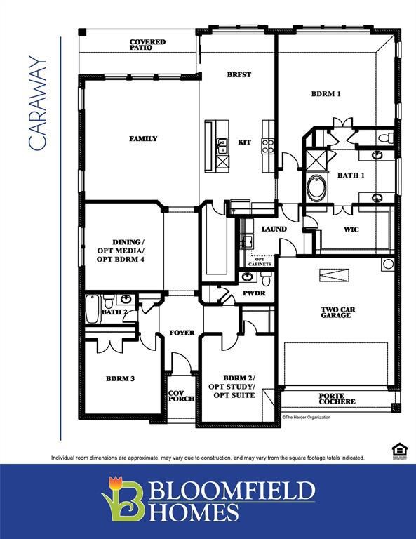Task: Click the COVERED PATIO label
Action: [147, 46]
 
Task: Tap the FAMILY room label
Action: [143, 139]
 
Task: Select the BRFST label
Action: [239, 74]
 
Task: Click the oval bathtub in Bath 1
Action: [316, 189]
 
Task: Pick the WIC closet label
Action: [351, 229]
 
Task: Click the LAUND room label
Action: [274, 229]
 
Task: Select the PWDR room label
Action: [254, 293]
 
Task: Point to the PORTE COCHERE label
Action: [337, 399]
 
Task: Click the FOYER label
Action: [182, 332]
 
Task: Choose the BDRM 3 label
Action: [120, 378]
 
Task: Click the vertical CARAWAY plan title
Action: [38, 104]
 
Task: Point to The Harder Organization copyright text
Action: [306, 417]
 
